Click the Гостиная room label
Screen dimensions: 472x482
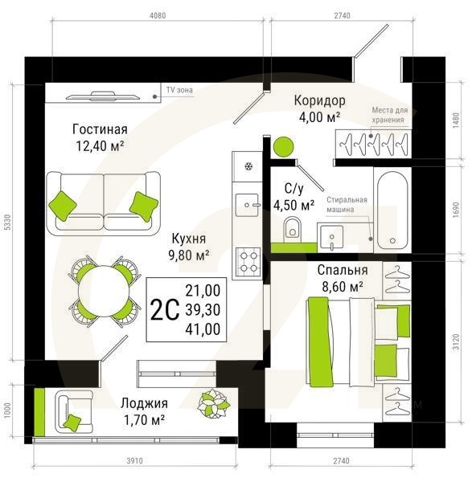(100, 129)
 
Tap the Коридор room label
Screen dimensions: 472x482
(320, 100)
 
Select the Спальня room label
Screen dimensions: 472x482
(343, 270)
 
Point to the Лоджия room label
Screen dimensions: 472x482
(144, 403)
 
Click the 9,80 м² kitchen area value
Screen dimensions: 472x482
(189, 255)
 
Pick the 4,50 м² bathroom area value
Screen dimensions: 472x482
(293, 205)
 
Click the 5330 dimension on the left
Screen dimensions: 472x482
(8, 222)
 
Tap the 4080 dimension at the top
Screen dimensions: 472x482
(158, 15)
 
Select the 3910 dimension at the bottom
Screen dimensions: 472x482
(134, 461)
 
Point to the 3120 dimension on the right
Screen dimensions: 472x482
(456, 341)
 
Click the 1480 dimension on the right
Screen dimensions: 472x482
(456, 120)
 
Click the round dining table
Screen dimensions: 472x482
(103, 292)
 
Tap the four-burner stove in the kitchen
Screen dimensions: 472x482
(248, 262)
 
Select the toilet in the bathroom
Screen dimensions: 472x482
(292, 229)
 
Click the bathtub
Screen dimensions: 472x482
(392, 210)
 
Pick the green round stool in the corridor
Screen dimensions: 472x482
(283, 147)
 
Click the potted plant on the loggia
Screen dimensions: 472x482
(214, 404)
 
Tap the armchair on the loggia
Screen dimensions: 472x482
(73, 412)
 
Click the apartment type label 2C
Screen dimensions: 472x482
(165, 310)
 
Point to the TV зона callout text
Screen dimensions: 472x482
(179, 90)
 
